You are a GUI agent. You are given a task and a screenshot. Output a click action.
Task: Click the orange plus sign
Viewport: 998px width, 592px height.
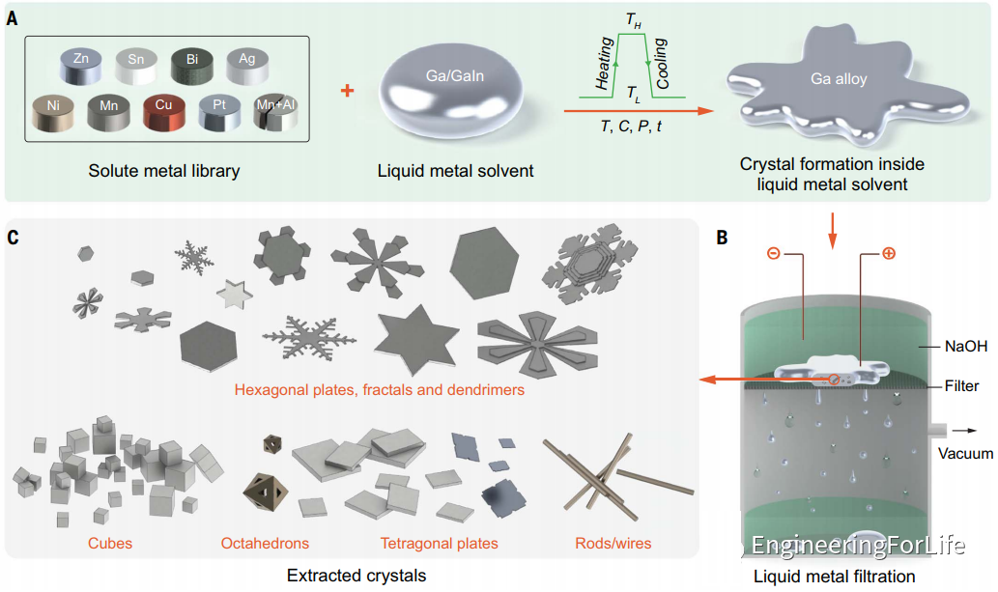tap(348, 91)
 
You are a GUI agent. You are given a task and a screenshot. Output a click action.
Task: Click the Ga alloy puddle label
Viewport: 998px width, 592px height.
tap(839, 79)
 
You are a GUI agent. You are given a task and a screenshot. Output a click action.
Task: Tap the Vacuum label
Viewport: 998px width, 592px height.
tap(964, 452)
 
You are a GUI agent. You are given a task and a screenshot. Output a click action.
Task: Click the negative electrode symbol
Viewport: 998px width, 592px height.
tap(774, 255)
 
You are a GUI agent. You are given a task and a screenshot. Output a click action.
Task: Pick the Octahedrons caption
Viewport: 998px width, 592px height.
tap(266, 543)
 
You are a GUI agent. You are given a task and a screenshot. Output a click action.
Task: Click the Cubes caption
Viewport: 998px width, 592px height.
tap(109, 543)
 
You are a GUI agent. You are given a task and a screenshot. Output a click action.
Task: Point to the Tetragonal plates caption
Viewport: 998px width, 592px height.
tap(440, 543)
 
